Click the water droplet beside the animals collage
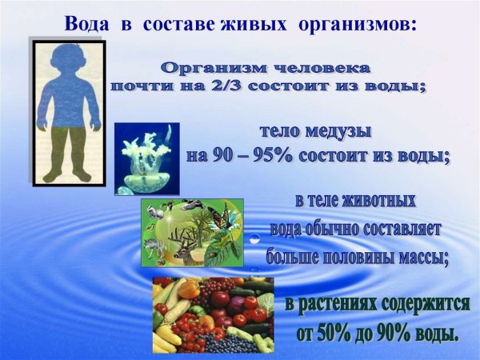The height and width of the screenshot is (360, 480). coord(253,238)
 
